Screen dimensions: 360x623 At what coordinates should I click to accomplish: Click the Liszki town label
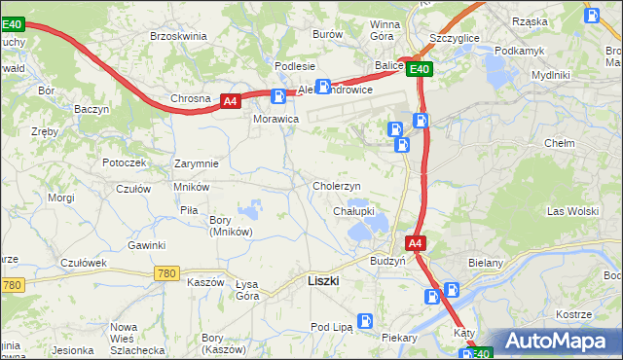tap(322, 280)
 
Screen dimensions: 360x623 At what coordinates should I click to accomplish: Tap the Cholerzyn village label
tap(337, 186)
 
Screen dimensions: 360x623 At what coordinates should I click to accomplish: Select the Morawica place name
tap(275, 119)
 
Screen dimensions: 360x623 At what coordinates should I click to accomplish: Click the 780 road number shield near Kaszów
tap(165, 274)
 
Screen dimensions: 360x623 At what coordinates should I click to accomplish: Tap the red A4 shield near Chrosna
tap(230, 100)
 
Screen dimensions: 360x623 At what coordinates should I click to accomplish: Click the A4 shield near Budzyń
tap(415, 243)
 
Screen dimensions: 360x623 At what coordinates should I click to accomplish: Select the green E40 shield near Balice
tap(419, 69)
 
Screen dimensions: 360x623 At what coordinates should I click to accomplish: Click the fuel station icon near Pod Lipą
tap(365, 320)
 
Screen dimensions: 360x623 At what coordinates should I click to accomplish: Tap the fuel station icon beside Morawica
tap(278, 96)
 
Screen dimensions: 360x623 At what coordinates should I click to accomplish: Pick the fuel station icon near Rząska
tap(592, 15)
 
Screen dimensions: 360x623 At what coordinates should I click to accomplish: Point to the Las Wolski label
tap(571, 211)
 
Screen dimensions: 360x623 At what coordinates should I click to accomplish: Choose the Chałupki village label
tap(354, 211)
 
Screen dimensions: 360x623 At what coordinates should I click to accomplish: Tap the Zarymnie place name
tap(196, 163)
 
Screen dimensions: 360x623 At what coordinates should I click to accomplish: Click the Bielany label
tap(512, 263)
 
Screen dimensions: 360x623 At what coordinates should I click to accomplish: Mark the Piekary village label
tap(399, 338)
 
